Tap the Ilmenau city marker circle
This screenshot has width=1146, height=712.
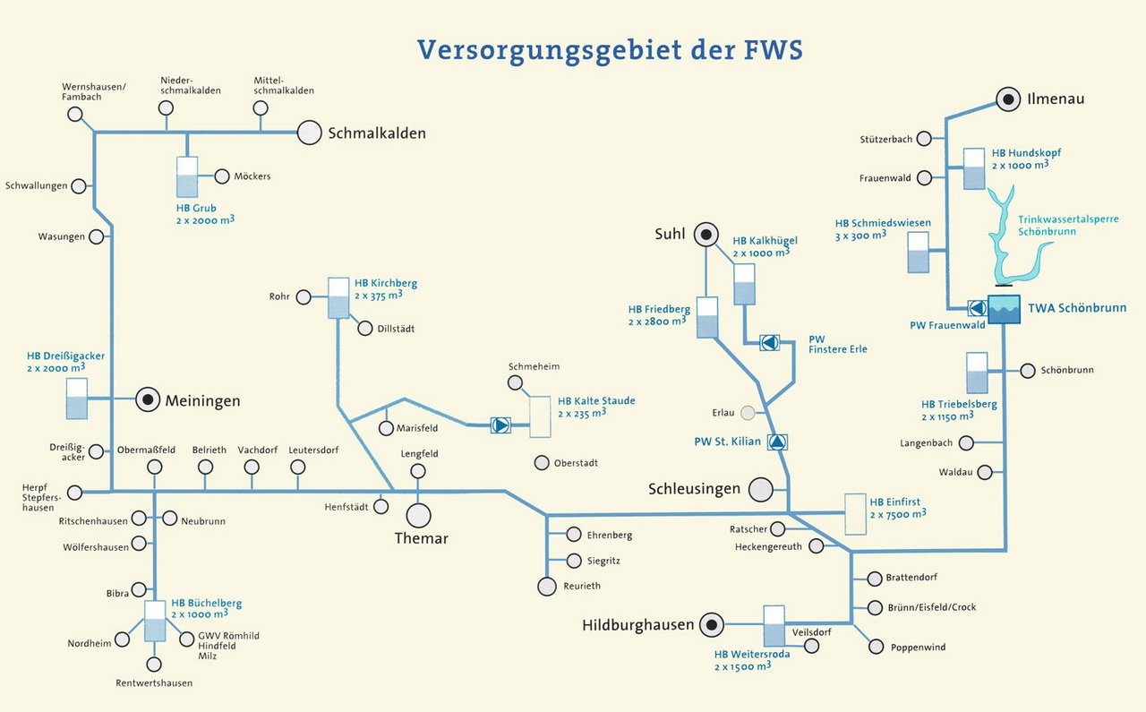tap(1009, 99)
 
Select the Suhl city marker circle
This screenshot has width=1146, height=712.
tap(706, 235)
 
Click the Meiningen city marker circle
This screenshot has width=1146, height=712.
tap(148, 400)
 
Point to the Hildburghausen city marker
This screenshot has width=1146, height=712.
tap(712, 624)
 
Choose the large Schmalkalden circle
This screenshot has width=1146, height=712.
tap(309, 133)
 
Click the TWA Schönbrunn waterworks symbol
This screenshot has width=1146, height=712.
tap(1004, 308)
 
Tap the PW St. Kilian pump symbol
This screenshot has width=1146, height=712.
tap(777, 441)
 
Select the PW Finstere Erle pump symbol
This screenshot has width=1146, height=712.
tap(770, 342)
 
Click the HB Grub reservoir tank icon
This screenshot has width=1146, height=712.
tap(187, 177)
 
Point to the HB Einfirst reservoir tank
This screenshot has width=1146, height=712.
tap(856, 514)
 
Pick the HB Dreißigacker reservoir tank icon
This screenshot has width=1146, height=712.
tap(78, 399)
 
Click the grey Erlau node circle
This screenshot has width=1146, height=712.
tap(748, 413)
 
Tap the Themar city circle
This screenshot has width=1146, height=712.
tap(418, 515)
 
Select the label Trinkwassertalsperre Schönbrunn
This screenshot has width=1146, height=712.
tap(1068, 225)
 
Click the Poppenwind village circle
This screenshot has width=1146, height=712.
tap(875, 647)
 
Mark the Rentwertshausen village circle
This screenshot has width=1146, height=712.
tap(154, 665)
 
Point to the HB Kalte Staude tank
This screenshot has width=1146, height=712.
tap(541, 416)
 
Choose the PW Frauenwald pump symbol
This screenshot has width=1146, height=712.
tap(977, 308)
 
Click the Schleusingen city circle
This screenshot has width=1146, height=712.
tap(760, 489)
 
